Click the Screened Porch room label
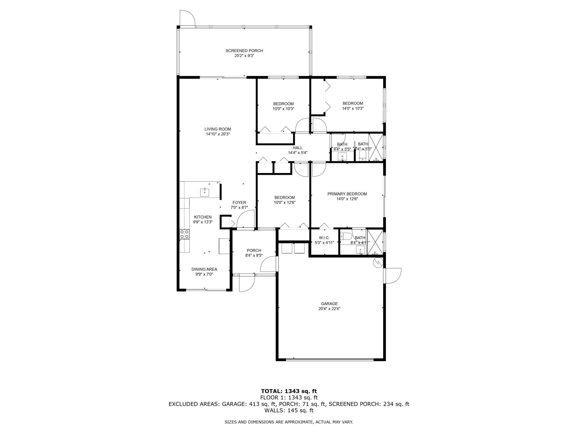coord(244,51)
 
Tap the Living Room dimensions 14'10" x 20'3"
coord(218,134)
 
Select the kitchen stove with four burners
coord(185,234)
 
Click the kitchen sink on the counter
coord(205,192)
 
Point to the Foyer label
coord(239,203)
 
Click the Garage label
coord(329,303)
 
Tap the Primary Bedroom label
coord(347,194)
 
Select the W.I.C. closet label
coord(324,238)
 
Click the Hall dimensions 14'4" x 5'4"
coord(297,153)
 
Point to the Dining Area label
coord(204,269)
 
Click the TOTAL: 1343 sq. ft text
coord(289,391)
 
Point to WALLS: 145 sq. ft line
coord(289,410)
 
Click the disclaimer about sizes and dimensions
coord(289,422)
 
